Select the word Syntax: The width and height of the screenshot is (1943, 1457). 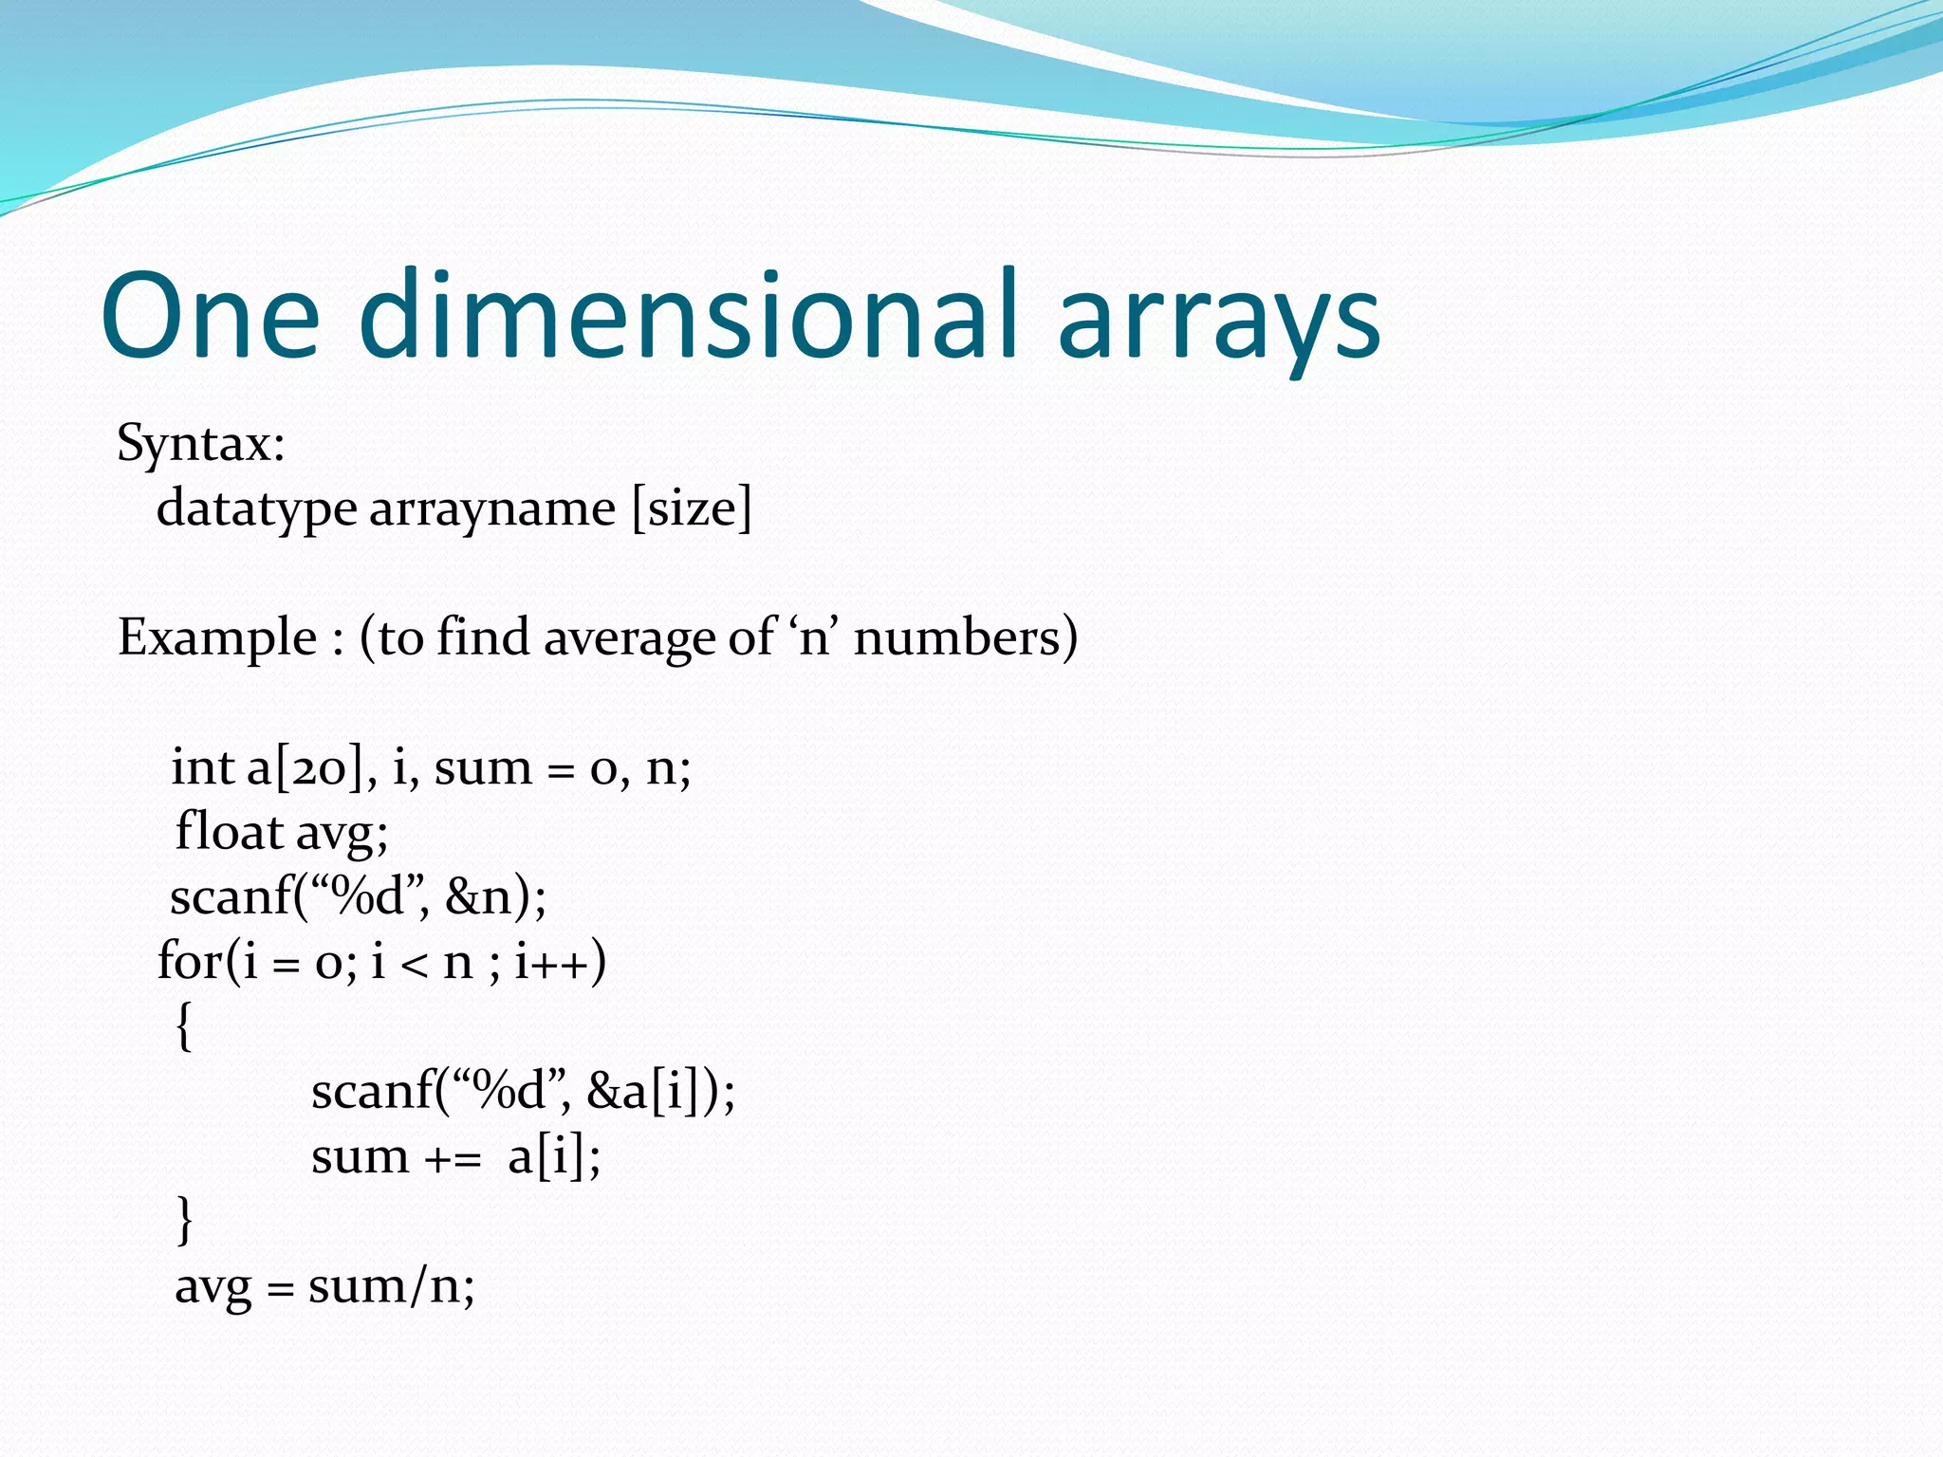201,444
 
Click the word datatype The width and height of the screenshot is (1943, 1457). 256,509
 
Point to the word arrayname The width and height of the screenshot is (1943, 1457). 492,509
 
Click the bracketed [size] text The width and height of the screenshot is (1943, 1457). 692,509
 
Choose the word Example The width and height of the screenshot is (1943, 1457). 217,637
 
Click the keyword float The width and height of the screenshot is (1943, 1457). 229,832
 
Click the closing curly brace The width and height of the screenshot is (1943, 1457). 184,1221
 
